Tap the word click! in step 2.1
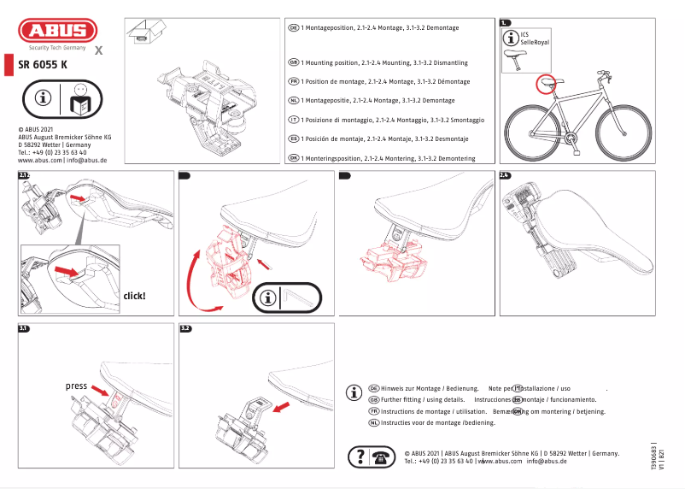(x=135, y=296)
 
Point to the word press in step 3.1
(x=77, y=386)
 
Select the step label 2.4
(x=505, y=175)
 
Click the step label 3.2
(x=185, y=328)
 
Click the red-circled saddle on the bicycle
(x=546, y=84)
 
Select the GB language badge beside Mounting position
(x=293, y=63)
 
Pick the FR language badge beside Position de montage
(x=293, y=81)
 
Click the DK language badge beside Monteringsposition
(x=293, y=159)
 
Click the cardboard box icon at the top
(x=140, y=32)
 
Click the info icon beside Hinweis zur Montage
(x=354, y=393)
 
